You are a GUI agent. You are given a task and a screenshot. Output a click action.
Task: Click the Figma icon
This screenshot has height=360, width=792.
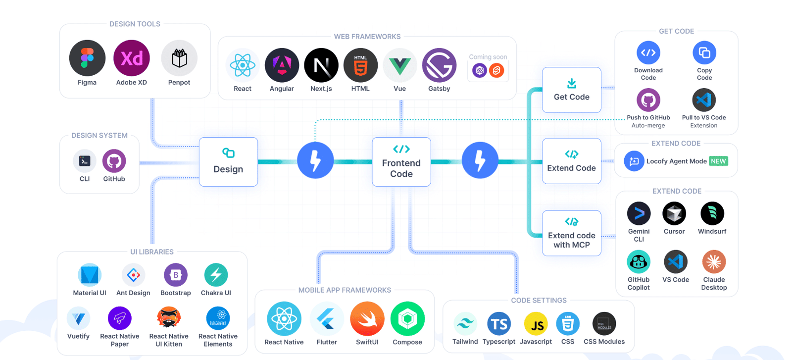[x=87, y=58]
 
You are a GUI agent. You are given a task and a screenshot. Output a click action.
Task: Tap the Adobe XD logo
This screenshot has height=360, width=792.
[x=132, y=58]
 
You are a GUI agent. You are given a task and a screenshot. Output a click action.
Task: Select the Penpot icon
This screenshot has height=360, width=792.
[x=179, y=58]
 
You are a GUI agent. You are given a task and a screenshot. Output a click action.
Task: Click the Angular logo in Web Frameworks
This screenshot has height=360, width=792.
[x=282, y=65]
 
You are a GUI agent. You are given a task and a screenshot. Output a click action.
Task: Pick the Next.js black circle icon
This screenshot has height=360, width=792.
[x=321, y=65]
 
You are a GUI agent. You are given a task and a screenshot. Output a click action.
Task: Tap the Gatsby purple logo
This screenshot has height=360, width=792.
[x=439, y=65]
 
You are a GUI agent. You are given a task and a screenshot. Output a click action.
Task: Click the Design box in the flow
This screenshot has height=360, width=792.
[x=228, y=162]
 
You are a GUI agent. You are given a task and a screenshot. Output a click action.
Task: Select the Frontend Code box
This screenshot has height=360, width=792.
[x=401, y=162]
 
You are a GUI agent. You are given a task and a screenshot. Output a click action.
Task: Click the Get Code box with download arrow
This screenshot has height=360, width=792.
[x=572, y=90]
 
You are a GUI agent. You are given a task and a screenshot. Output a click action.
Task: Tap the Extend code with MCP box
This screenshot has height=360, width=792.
[x=572, y=233]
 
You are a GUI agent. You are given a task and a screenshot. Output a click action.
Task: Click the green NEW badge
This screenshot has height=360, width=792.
[x=718, y=161]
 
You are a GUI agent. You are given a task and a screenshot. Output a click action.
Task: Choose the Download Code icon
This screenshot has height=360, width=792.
[x=648, y=52]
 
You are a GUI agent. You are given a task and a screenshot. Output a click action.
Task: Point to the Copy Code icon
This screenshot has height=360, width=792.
[x=704, y=52]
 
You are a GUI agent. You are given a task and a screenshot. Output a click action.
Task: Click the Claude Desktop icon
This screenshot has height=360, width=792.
[x=714, y=262]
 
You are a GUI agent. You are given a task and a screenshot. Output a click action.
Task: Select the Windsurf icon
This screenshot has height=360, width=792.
[x=712, y=214]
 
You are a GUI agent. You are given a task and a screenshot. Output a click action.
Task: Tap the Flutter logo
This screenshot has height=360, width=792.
[x=327, y=319]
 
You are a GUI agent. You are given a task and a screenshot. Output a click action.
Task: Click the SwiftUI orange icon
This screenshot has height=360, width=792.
[x=367, y=319]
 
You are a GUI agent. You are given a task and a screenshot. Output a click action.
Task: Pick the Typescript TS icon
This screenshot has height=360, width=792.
[x=499, y=324]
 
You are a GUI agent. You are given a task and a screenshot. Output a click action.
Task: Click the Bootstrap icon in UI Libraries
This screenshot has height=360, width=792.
[x=176, y=275]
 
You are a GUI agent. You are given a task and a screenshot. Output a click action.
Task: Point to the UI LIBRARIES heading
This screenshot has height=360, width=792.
[x=152, y=252]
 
